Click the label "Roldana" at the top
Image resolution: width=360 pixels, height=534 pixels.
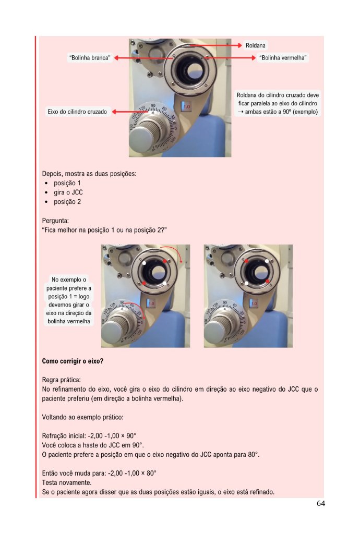256,46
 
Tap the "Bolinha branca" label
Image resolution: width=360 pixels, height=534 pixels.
90,58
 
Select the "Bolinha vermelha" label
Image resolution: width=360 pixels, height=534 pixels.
283,58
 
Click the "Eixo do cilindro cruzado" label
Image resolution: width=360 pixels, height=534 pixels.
77,112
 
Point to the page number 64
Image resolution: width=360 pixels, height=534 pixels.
321,503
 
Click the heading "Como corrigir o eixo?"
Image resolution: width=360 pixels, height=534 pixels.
73,361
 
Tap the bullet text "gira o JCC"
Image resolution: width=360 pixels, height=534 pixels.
68,192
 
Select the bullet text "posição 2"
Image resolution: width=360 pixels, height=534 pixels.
67,202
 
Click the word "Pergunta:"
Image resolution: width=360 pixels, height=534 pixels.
55,221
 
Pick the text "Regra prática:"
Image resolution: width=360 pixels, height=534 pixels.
62,380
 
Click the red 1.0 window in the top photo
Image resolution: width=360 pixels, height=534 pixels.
186,106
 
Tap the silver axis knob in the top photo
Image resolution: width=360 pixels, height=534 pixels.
142,136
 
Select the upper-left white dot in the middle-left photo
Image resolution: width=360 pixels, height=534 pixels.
144,263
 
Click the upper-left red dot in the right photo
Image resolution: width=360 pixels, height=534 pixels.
246,261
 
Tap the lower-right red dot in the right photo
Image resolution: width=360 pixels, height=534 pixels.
268,281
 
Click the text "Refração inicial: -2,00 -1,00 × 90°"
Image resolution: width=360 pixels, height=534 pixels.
89,436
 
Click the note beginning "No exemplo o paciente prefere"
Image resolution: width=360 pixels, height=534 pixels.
69,300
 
